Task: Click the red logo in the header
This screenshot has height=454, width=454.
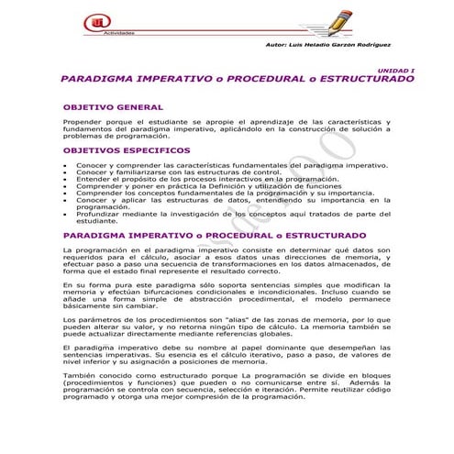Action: [x=92, y=20]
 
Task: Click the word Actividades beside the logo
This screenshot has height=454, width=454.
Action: [x=120, y=32]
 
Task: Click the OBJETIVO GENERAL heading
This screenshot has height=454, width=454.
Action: [x=113, y=107]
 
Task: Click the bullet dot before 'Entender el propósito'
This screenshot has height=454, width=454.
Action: [x=65, y=180]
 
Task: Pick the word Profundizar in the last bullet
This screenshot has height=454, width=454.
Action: [x=98, y=214]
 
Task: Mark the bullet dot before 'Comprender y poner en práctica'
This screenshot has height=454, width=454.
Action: [x=65, y=186]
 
